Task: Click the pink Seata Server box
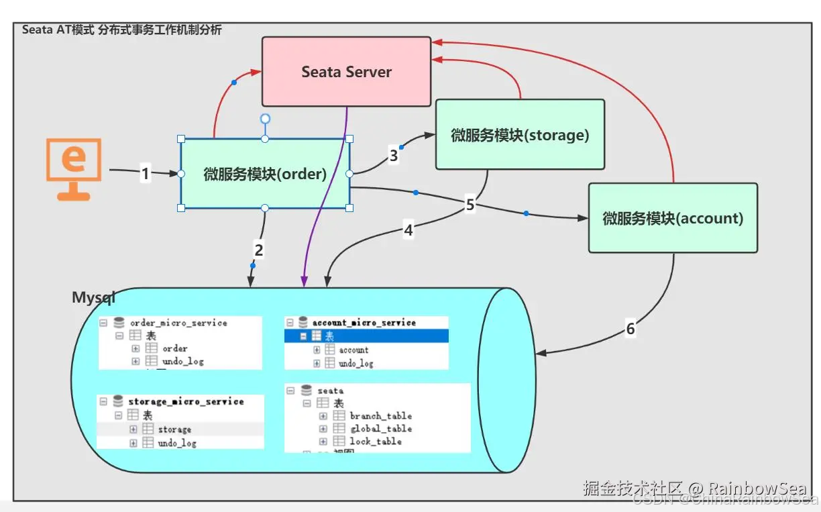[x=346, y=72]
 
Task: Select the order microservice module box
[x=265, y=174]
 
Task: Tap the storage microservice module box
[x=520, y=135]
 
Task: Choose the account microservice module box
[x=673, y=218]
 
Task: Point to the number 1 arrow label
[x=145, y=174]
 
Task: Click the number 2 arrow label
[x=259, y=250]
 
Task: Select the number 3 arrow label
[x=394, y=156]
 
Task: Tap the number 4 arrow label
[x=408, y=230]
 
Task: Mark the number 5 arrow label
[x=470, y=205]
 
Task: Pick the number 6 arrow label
[x=630, y=329]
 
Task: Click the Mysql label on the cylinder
[x=93, y=297]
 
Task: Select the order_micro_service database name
[x=178, y=323]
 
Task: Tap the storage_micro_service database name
[x=186, y=401]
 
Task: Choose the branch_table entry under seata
[x=380, y=416]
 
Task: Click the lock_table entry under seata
[x=376, y=442]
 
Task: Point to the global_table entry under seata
[x=380, y=429]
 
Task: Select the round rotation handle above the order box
[x=265, y=119]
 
